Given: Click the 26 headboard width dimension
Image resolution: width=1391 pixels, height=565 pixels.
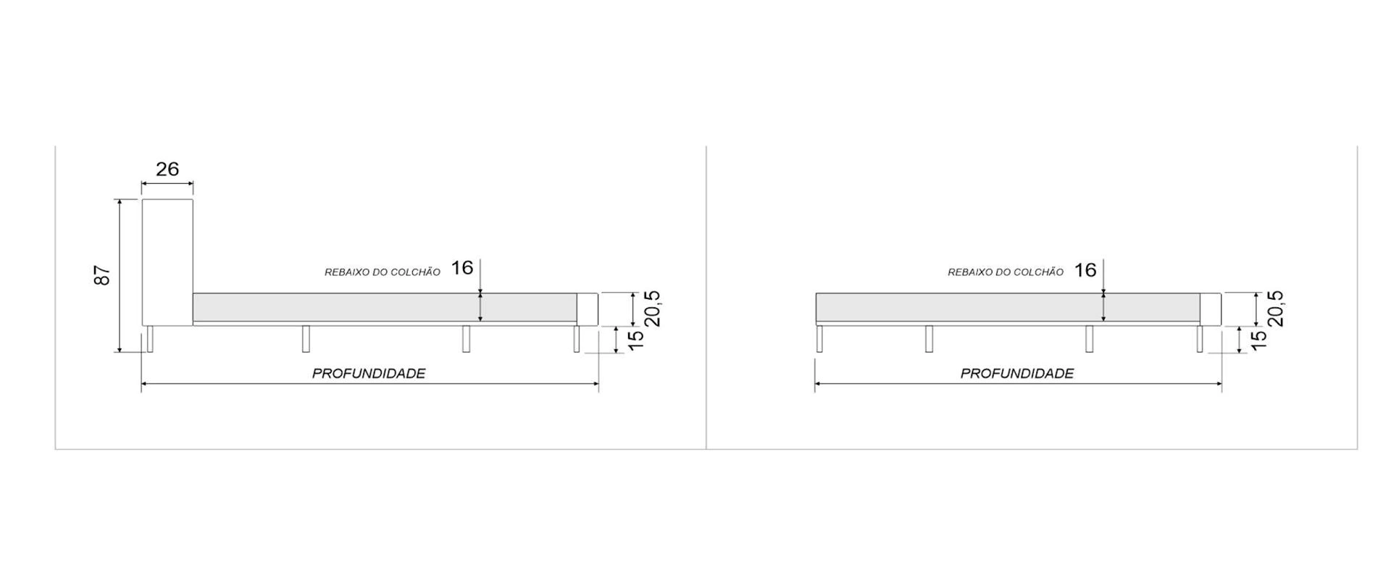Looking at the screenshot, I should (167, 169).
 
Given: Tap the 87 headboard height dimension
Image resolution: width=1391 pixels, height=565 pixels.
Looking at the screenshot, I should (103, 275).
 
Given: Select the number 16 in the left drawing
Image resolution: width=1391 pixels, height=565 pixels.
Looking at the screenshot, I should (462, 268).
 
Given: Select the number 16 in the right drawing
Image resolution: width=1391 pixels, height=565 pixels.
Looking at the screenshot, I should (1085, 270).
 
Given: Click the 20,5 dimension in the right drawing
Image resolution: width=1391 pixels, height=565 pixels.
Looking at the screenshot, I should (1274, 309).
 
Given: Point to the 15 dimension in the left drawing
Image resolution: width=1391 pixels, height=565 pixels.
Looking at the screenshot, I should (635, 340).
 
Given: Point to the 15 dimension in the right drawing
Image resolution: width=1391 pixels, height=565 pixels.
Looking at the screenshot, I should (1259, 339).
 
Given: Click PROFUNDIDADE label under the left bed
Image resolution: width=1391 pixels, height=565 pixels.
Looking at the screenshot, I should (369, 374).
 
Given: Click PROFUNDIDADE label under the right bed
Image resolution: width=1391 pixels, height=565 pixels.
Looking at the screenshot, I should (1017, 374).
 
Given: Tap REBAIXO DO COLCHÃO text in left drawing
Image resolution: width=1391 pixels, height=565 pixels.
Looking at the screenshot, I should (382, 272).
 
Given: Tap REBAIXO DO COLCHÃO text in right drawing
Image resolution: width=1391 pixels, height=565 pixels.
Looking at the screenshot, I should (1006, 272).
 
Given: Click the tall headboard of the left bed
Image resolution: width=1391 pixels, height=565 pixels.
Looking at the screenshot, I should (167, 261).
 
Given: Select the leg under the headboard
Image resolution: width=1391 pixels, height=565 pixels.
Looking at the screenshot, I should (150, 339).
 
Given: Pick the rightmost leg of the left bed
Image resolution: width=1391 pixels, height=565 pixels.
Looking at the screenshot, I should (577, 339).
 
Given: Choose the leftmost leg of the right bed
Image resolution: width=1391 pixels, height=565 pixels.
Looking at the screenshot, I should (819, 339).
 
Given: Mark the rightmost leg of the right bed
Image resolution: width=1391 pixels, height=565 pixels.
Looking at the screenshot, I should (1200, 339).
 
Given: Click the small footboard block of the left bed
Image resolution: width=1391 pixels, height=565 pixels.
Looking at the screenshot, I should (588, 309).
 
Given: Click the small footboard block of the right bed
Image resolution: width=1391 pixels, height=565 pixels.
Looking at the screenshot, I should (1211, 309).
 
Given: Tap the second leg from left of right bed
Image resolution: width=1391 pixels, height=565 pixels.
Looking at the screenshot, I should (929, 339).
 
